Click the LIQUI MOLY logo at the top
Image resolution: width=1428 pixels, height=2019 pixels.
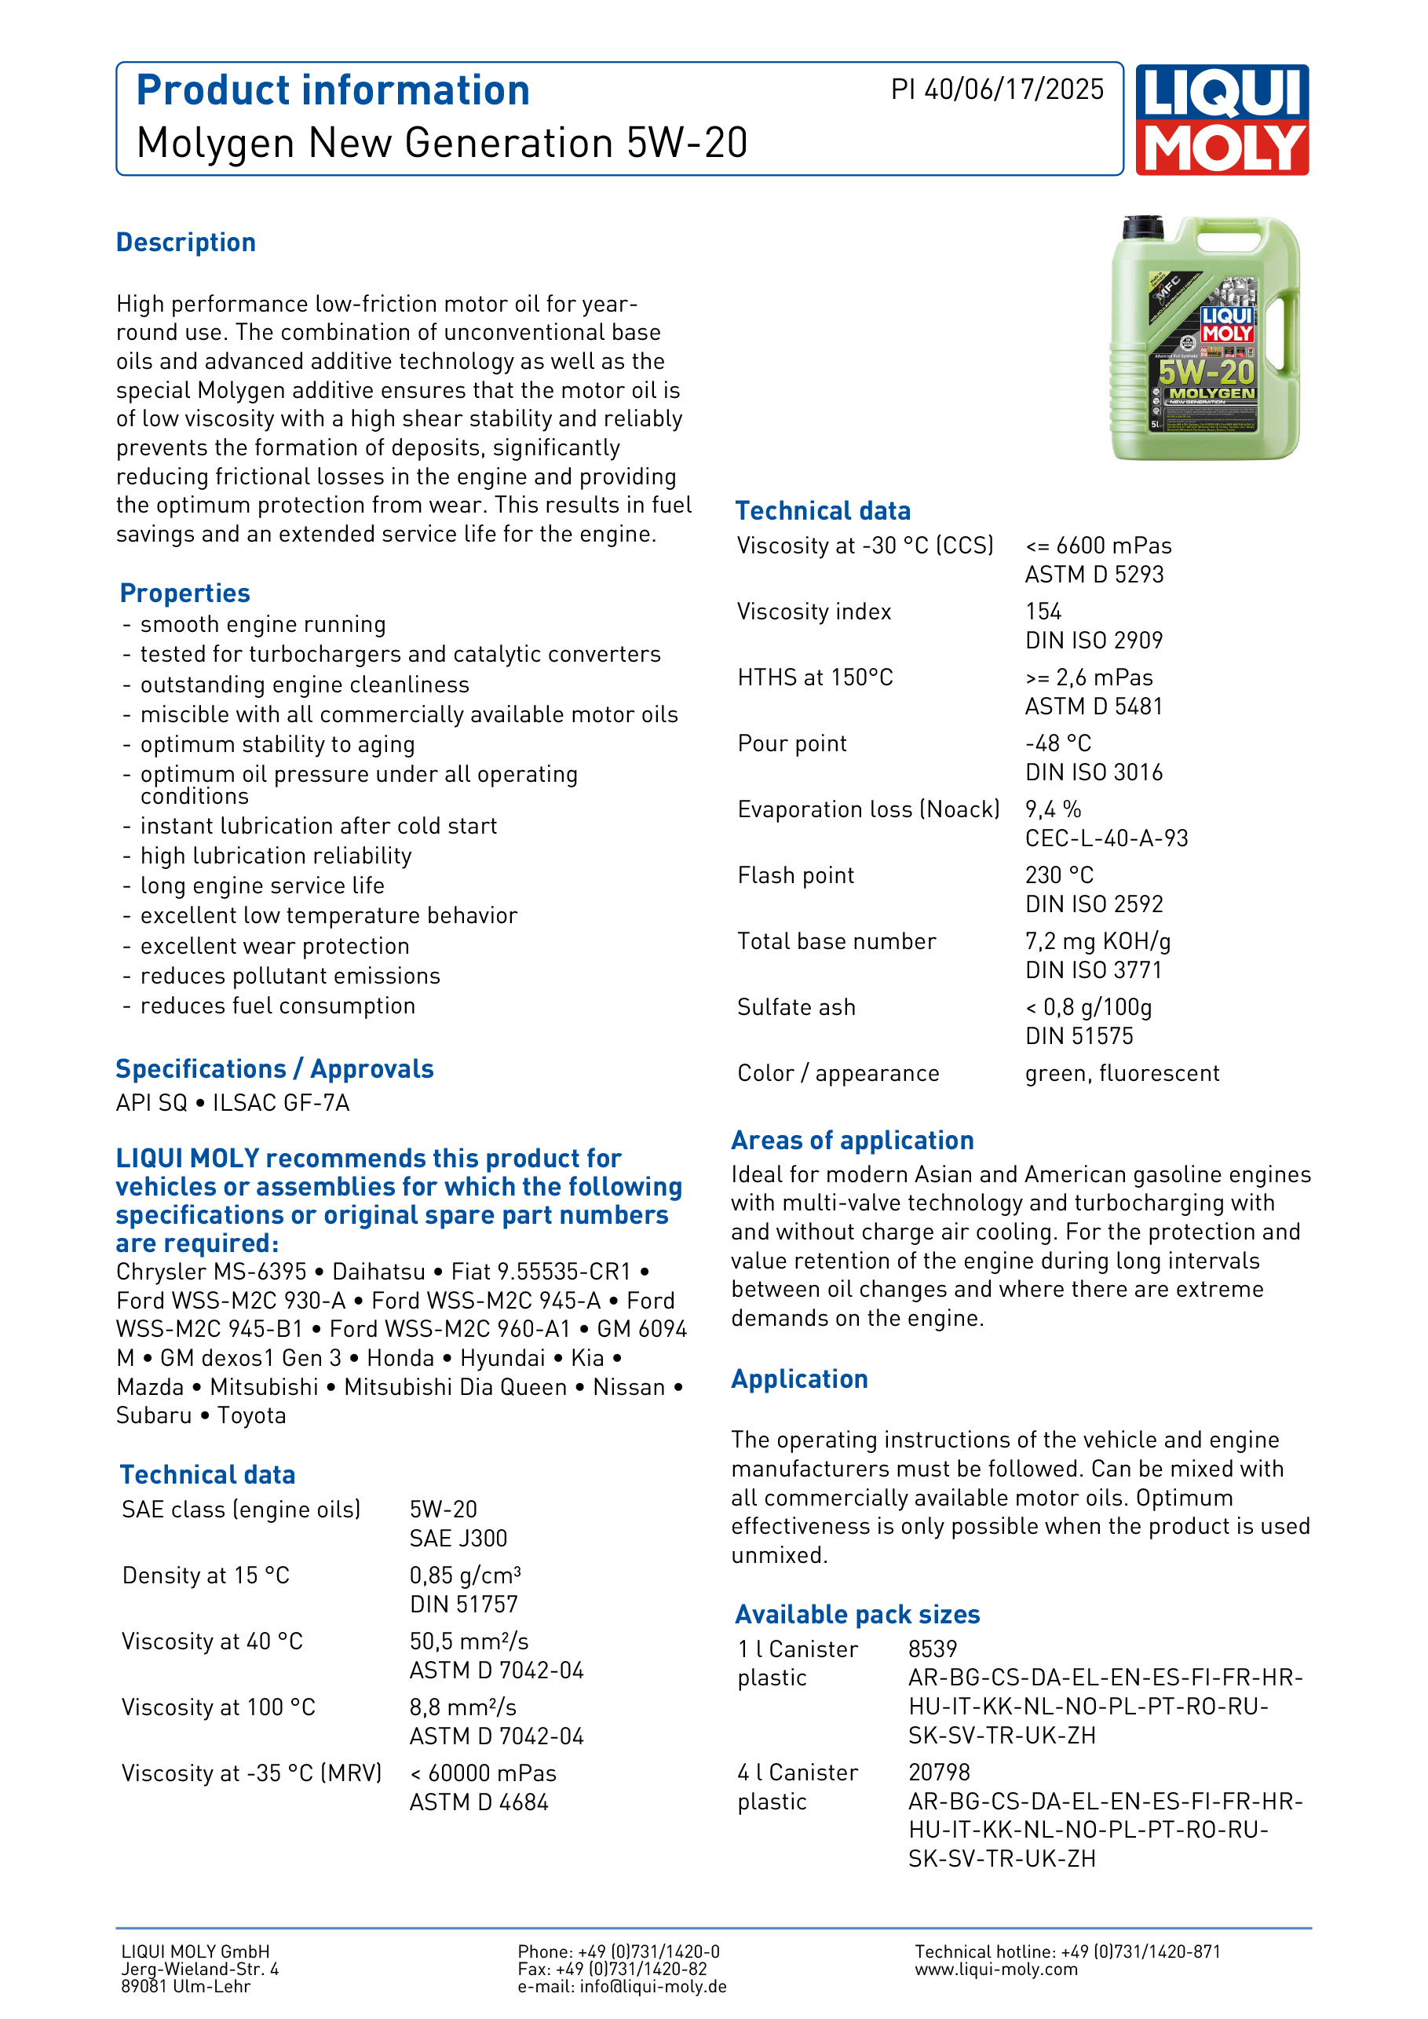click(1222, 119)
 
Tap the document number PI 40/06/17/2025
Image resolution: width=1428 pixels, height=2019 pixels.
click(996, 89)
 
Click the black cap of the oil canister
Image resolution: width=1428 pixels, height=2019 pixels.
click(1143, 227)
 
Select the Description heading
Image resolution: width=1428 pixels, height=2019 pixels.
click(185, 243)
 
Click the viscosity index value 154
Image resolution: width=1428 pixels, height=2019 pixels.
click(1043, 612)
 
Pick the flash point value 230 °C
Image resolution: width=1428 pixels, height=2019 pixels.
click(1059, 875)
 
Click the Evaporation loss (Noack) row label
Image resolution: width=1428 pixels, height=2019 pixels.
click(868, 809)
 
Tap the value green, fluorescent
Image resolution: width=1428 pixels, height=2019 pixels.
click(1122, 1073)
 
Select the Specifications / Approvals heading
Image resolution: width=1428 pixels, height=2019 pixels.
click(274, 1068)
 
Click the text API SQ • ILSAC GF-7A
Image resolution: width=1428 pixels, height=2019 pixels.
click(233, 1103)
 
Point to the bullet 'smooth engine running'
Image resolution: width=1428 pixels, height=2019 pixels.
click(263, 624)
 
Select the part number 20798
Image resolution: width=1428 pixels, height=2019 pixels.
click(938, 1772)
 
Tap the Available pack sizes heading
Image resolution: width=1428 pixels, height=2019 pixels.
click(857, 1615)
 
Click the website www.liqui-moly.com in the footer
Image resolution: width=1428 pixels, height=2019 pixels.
click(995, 1969)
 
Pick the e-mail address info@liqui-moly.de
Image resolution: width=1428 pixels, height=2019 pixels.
click(652, 1987)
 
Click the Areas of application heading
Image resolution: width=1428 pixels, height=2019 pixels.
click(852, 1141)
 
